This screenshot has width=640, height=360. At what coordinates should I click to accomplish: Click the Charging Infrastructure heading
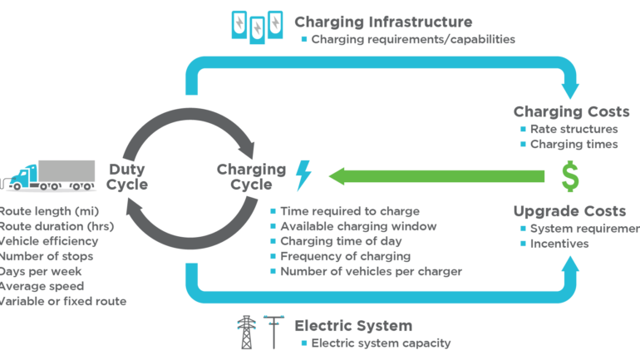point(383,22)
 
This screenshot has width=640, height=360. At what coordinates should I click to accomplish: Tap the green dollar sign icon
point(569,175)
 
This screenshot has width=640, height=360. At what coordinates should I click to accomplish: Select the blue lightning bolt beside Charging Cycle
point(303,175)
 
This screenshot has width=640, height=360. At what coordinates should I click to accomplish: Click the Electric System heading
point(353,325)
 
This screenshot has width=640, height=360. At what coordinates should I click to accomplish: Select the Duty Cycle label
point(126,176)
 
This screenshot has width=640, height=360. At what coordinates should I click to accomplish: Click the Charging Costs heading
point(571,111)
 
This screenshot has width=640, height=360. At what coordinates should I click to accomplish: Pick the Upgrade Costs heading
point(570,211)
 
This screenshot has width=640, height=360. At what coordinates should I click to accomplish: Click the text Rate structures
point(574,129)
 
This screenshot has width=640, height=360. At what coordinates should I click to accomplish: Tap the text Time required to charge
point(350,211)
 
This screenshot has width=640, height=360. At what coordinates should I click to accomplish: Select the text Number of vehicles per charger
point(372,271)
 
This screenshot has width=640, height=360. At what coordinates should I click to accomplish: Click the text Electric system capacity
point(381,343)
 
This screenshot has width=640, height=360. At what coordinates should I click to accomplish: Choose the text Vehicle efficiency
point(49,241)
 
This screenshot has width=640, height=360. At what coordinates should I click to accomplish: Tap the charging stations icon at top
point(256,26)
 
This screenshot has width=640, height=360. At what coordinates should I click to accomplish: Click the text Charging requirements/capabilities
point(413,39)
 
